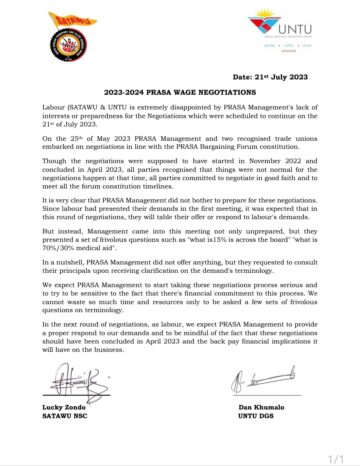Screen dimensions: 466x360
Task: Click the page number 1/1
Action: point(338,456)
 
